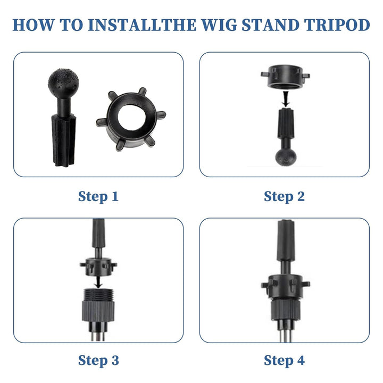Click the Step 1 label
pos(98,197)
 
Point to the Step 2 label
pos(284,197)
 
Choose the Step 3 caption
pos(98,361)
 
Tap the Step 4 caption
pos(284,361)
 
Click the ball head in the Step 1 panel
pos(63,82)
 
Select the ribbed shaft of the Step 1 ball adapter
pos(64,140)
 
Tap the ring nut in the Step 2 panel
pos(285,77)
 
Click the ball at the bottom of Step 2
pos(286,157)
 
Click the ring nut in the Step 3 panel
pos(98,266)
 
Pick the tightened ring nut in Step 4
pos(285,287)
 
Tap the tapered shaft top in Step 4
pos(286,240)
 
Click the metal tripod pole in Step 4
pos(285,335)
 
